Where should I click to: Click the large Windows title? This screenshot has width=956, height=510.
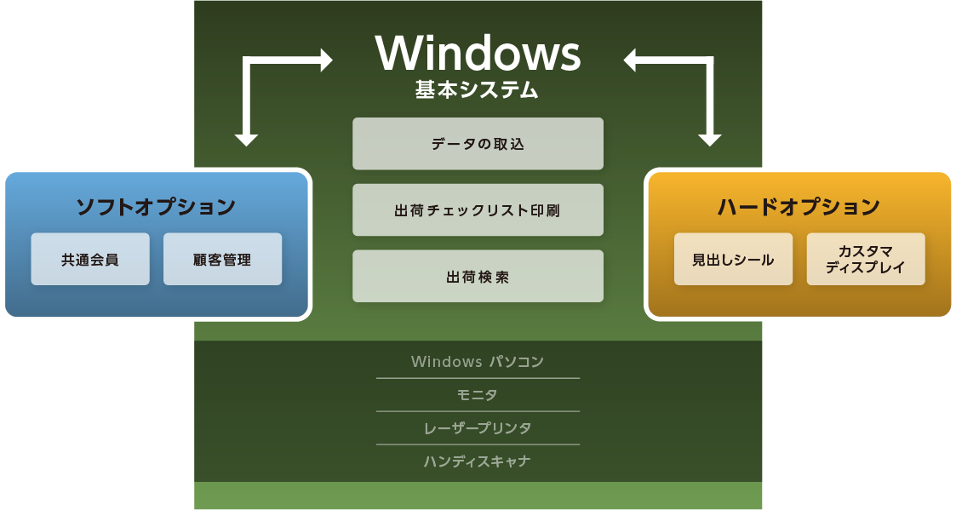click(x=478, y=53)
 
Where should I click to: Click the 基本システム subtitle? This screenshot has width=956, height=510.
click(x=478, y=89)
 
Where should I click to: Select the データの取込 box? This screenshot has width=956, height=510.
click(x=478, y=143)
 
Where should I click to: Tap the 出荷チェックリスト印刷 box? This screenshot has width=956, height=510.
click(x=478, y=209)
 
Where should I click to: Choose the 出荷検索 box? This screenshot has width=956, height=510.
click(x=478, y=277)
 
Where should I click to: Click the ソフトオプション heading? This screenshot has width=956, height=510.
click(x=156, y=206)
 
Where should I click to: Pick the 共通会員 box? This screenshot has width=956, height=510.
click(x=90, y=260)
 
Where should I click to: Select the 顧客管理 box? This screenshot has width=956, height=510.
click(x=222, y=260)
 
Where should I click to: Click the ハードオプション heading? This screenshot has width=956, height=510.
click(x=799, y=206)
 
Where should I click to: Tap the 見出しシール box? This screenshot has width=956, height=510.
click(x=734, y=260)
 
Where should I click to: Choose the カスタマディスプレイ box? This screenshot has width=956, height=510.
click(x=866, y=260)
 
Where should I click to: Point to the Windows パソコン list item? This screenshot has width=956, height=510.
click(x=478, y=361)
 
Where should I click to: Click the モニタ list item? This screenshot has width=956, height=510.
click(x=478, y=395)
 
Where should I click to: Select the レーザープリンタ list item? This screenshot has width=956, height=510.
click(x=478, y=427)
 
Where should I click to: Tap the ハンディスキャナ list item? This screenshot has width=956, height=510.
click(x=478, y=461)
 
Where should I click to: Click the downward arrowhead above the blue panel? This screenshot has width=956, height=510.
click(x=246, y=140)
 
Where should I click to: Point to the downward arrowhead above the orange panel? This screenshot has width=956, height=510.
click(x=710, y=140)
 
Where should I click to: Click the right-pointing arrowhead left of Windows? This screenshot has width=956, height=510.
click(x=326, y=60)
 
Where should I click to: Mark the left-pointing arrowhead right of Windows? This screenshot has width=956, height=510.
click(x=630, y=60)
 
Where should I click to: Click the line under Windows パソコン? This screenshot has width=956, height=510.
click(x=478, y=378)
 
